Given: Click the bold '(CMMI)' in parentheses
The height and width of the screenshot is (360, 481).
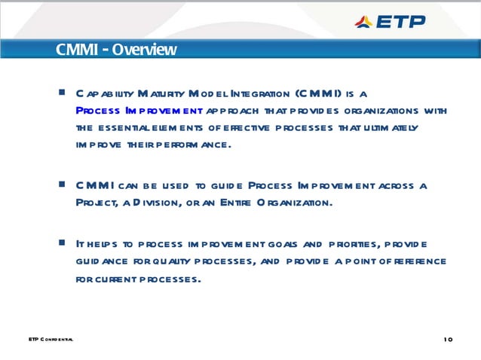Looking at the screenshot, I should click(x=318, y=94).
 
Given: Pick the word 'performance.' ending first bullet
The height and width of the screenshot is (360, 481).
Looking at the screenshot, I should click(x=191, y=144).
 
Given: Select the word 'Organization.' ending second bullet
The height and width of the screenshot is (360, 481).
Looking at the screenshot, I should click(x=294, y=202).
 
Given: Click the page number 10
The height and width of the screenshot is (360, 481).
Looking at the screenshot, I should click(x=449, y=340).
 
